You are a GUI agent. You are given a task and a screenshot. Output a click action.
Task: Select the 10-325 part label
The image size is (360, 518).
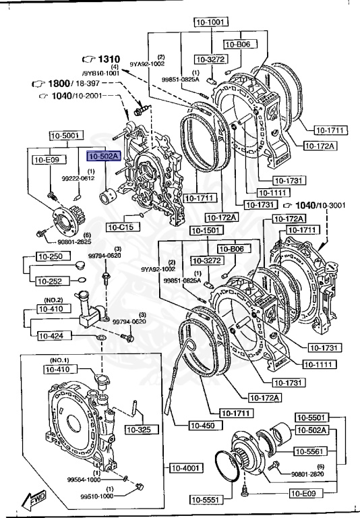click(x=142, y=430)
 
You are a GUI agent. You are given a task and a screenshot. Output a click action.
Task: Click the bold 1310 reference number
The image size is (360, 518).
click(x=106, y=59)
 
